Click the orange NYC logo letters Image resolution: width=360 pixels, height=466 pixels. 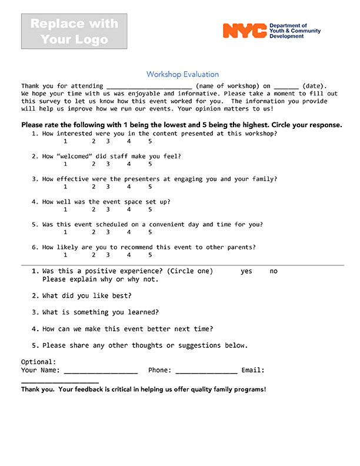point(244,31)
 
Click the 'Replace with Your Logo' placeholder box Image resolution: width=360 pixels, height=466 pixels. point(74,32)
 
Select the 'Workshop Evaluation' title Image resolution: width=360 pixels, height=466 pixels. point(182,75)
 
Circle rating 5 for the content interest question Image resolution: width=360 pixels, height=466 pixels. point(150,141)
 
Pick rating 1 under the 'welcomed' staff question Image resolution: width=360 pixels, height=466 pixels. point(65,164)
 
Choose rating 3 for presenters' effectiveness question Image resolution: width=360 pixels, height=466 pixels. point(108,187)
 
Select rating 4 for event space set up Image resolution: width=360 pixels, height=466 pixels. point(129,209)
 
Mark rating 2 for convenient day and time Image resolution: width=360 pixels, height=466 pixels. point(94,232)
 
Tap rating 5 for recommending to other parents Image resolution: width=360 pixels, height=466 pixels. point(150,255)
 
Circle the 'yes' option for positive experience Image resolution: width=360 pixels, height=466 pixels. point(246,271)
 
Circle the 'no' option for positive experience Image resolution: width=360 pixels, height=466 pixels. point(274,271)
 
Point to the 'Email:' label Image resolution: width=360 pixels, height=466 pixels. point(253,370)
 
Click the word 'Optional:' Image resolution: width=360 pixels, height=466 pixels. point(39,362)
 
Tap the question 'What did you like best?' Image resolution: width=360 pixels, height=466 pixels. point(87,295)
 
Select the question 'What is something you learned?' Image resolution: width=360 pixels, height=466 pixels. point(101,312)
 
